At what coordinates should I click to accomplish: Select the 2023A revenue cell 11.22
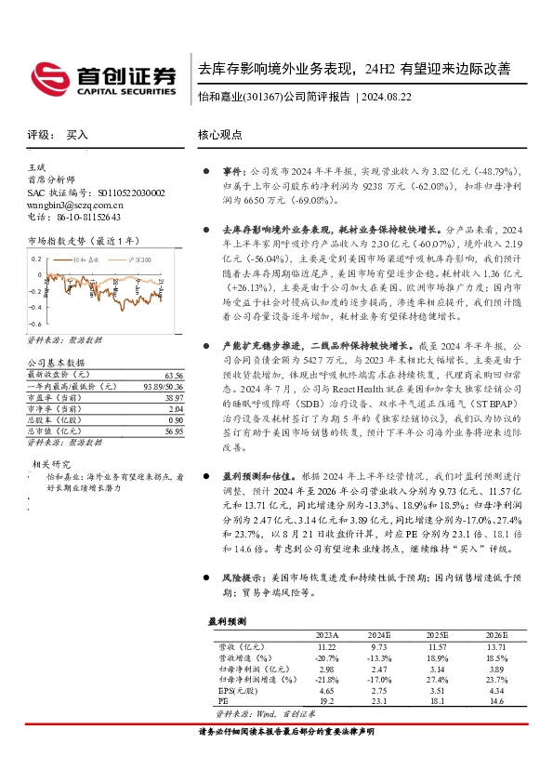click(326, 645)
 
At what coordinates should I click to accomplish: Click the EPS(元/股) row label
click(239, 692)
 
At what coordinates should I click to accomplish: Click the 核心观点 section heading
click(219, 135)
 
